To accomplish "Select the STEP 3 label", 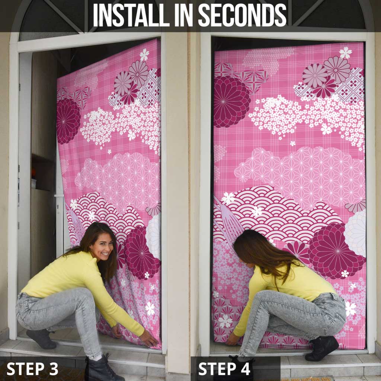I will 32,368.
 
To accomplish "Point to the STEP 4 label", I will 224,368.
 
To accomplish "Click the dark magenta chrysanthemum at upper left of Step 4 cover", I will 231,101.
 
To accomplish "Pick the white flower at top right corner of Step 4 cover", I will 346,53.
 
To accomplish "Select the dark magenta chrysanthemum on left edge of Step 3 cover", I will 68,121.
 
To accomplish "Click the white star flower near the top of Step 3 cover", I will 144,55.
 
